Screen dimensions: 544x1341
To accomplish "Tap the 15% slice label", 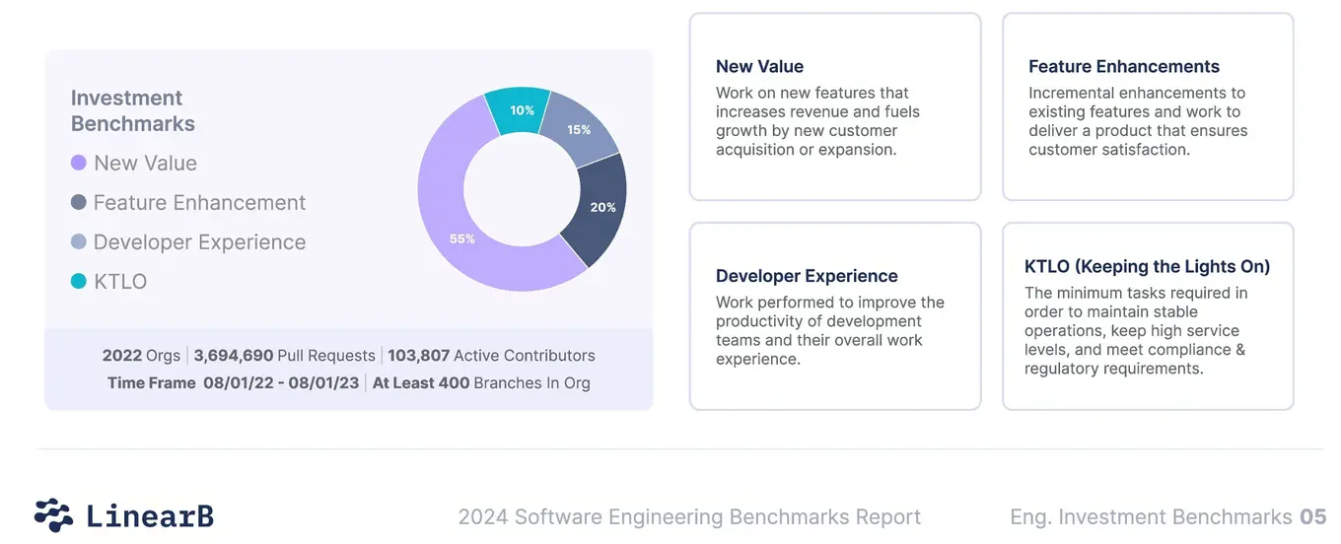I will pos(579,130).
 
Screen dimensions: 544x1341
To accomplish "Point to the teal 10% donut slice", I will pos(522,110).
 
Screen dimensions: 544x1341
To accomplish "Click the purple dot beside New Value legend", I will pos(79,164).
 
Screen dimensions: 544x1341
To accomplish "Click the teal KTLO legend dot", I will pos(79,282).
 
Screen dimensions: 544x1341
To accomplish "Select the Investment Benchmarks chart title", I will pos(133,110).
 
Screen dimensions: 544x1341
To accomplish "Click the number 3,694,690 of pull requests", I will pos(233,356).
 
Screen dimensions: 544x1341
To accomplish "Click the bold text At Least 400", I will pos(421,382).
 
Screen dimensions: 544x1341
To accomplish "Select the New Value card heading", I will pos(759,67).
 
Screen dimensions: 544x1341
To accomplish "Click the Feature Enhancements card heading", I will pos(1123,67).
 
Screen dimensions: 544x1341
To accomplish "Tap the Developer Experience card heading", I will pos(807,276).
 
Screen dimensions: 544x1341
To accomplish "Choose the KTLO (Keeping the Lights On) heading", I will pos(1147,267).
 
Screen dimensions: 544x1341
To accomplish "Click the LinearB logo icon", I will pos(53,515).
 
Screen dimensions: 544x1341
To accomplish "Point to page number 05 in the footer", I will pos(1312,516).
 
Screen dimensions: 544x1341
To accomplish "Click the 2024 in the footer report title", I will pos(482,516).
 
